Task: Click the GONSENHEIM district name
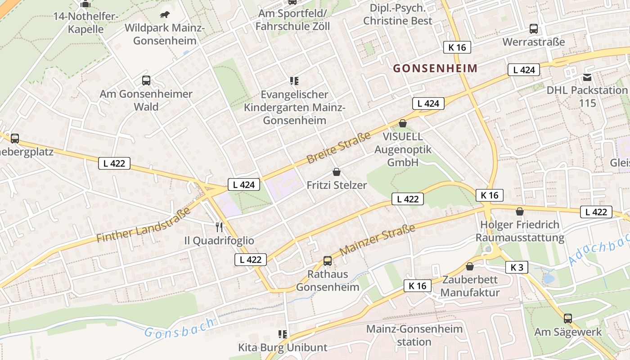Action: (x=435, y=68)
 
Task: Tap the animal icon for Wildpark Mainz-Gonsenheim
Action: (x=165, y=15)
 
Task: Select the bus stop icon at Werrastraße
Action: (x=534, y=29)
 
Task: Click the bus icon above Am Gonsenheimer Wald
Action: (x=146, y=81)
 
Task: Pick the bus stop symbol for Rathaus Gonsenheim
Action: (x=328, y=261)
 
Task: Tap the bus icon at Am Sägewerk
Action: (x=568, y=319)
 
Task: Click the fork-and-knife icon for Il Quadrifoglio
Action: (x=219, y=227)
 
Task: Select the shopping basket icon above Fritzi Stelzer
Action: (x=337, y=171)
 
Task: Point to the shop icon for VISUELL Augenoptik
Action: (x=403, y=123)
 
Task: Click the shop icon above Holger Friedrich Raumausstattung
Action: (x=520, y=211)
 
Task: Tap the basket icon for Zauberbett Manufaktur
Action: (x=470, y=266)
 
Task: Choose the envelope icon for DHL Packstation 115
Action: (x=587, y=77)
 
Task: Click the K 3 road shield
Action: (x=517, y=267)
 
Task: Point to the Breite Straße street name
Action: (x=338, y=148)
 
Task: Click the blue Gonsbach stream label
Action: (x=179, y=328)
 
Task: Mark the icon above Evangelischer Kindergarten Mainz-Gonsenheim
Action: (x=294, y=81)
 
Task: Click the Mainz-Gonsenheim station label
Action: (x=414, y=335)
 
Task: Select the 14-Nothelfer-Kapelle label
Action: (x=85, y=23)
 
